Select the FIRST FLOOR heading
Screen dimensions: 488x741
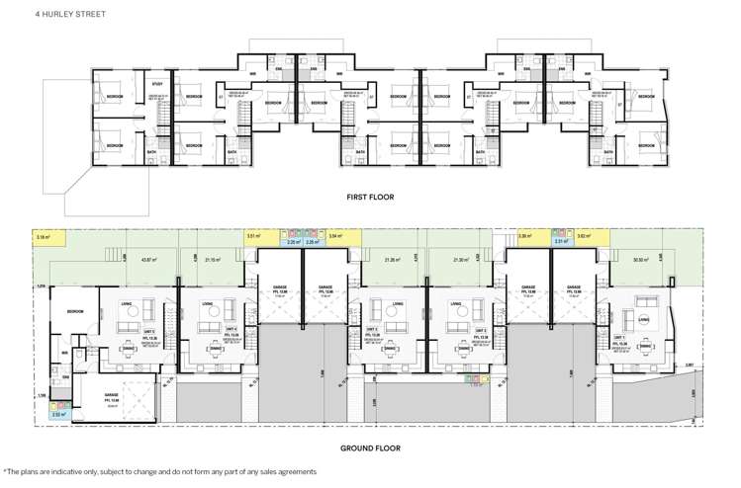tap(369, 197)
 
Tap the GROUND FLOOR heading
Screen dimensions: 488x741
tap(369, 447)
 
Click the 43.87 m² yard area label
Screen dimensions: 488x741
tap(151, 260)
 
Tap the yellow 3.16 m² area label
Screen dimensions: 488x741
tap(43, 238)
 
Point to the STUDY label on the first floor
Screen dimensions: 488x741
tap(156, 85)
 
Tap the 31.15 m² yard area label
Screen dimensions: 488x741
tap(210, 260)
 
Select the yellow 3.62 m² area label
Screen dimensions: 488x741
tap(584, 238)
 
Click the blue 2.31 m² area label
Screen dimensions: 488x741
tap(559, 241)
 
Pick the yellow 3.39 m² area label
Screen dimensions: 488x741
tap(525, 238)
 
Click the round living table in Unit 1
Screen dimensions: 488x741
tap(644, 318)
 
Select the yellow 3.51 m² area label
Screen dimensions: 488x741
tap(252, 238)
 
